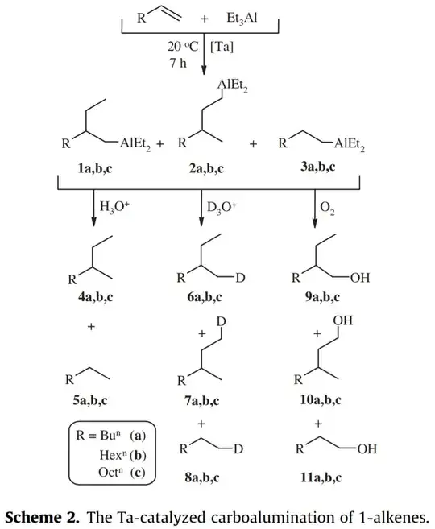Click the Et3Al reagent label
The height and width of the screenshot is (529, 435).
242,18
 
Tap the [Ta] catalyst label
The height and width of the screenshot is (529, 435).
222,47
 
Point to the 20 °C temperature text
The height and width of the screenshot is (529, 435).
183,47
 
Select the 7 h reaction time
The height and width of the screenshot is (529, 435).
178,63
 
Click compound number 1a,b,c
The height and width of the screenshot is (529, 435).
95,168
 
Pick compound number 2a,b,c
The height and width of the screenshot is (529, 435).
206,168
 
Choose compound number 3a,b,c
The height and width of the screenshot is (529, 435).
318,167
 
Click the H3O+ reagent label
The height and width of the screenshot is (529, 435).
114,206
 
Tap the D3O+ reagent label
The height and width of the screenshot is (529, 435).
222,207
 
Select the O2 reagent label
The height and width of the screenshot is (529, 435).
327,208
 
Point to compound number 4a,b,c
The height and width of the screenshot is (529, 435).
96,297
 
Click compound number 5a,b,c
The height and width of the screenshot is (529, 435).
90,400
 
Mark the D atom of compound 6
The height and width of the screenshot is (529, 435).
240,278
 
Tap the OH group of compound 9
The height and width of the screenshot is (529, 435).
360,278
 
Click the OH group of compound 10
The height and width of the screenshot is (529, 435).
343,320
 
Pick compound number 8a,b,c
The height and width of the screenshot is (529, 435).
202,477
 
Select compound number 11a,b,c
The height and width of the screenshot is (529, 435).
321,477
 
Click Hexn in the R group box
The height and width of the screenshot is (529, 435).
113,454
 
